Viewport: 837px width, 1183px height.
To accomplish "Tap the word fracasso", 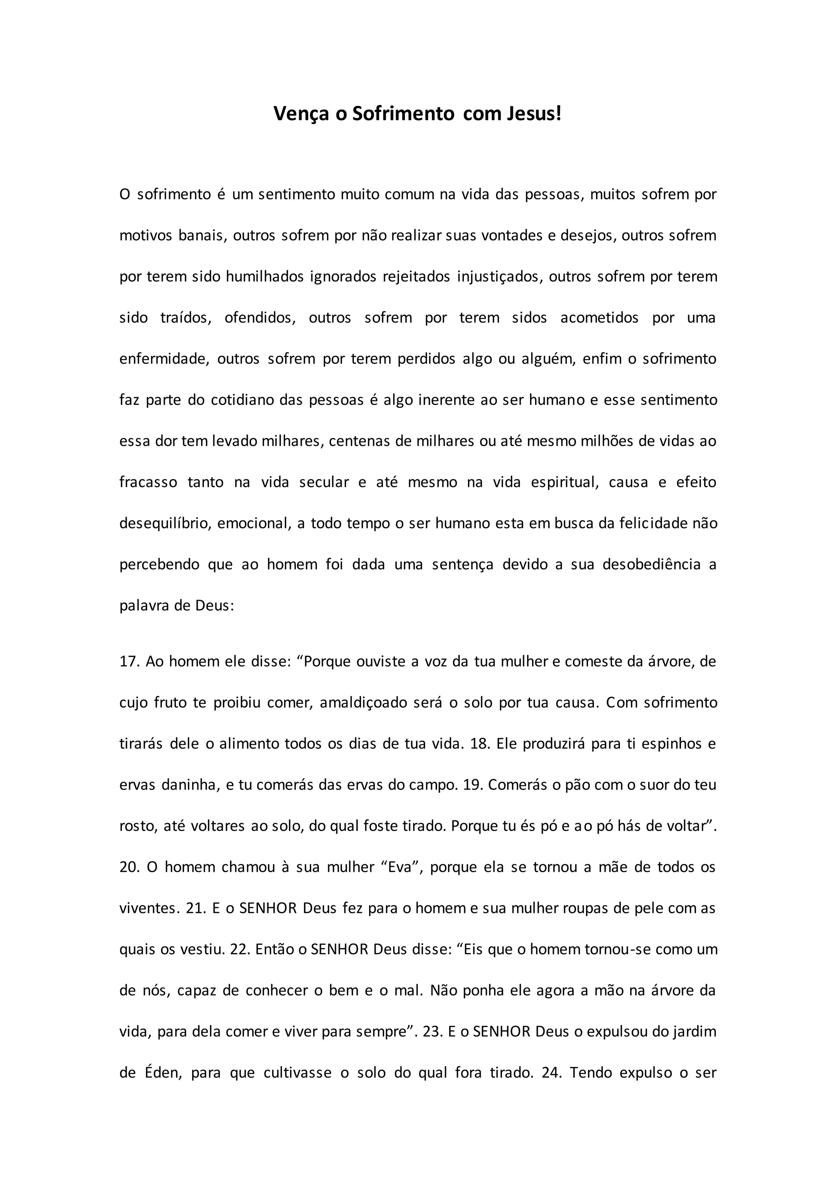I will point(148,482).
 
